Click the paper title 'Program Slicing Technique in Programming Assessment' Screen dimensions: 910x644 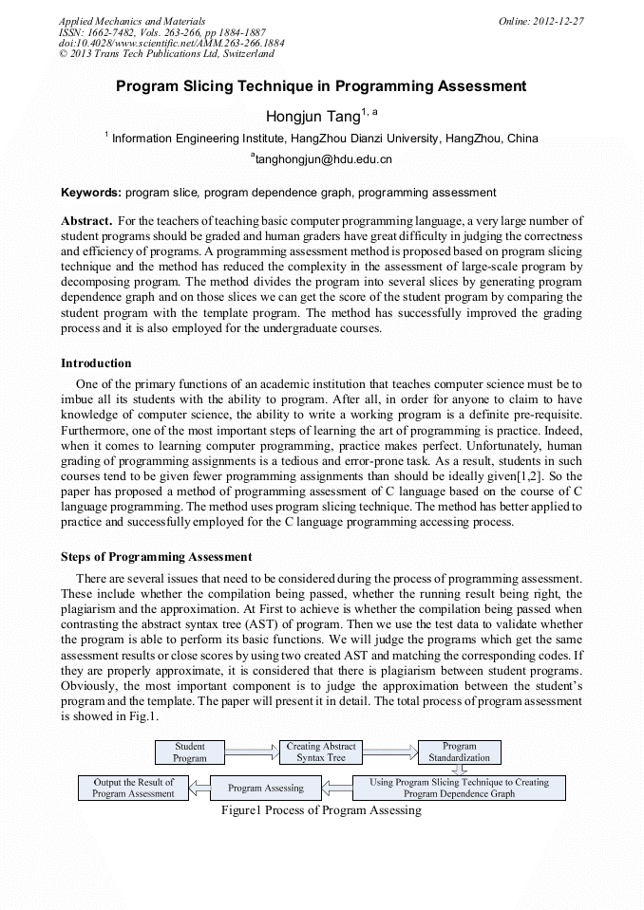coord(321,86)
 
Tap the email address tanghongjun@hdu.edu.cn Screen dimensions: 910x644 coord(322,159)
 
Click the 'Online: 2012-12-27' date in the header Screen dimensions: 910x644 coord(540,21)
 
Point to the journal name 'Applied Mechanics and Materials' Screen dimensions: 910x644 coord(132,21)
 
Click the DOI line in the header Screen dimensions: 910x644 coord(171,44)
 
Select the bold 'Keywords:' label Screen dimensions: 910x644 coord(91,193)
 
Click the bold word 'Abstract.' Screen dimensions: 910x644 coord(86,221)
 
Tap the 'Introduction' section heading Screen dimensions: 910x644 coord(96,363)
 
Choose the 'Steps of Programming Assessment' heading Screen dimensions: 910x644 coord(156,557)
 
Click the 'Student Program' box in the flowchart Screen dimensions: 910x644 coord(190,752)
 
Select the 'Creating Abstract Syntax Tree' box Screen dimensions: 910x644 coord(321,752)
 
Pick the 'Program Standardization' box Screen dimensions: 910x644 coord(459,752)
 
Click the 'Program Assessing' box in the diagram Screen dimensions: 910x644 coord(266,788)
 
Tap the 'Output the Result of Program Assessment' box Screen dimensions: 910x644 coord(133,788)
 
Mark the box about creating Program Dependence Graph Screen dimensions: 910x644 coord(459,788)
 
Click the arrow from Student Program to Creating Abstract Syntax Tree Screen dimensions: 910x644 coord(252,752)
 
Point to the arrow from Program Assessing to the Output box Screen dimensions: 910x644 coord(199,788)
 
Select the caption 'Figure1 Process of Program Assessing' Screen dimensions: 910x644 coord(321,810)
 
